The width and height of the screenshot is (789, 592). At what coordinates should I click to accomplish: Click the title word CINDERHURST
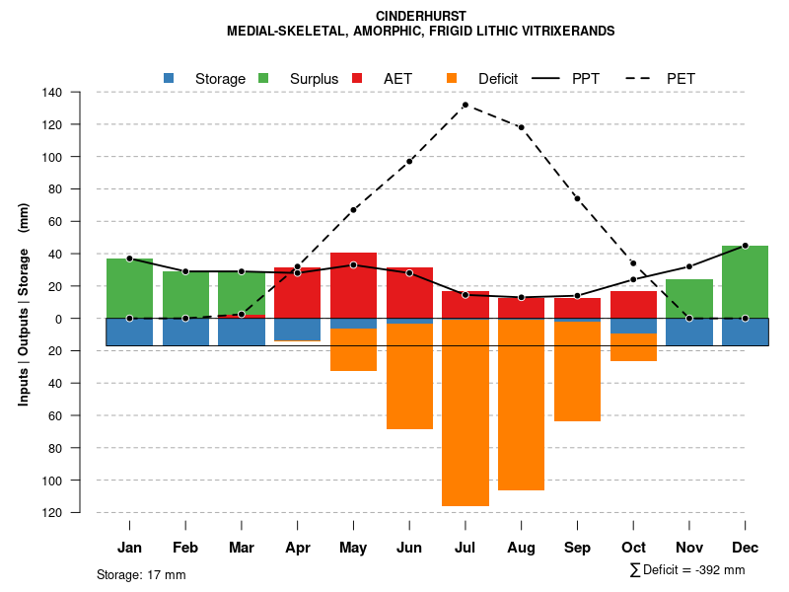tap(421, 16)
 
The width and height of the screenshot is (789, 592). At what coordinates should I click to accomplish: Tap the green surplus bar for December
tap(745, 281)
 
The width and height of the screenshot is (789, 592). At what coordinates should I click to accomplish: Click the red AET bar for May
tap(353, 290)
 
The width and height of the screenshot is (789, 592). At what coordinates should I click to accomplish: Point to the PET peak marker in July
tap(465, 105)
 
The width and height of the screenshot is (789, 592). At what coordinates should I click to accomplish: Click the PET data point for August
tap(521, 127)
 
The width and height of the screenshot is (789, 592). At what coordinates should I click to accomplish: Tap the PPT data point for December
tap(745, 246)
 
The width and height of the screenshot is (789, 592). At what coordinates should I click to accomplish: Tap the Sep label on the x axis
tap(577, 548)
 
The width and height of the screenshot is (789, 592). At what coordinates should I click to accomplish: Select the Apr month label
tap(298, 548)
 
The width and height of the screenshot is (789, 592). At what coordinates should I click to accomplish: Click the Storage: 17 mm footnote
tap(141, 574)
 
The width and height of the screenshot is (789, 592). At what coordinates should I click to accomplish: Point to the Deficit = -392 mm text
tap(687, 569)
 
